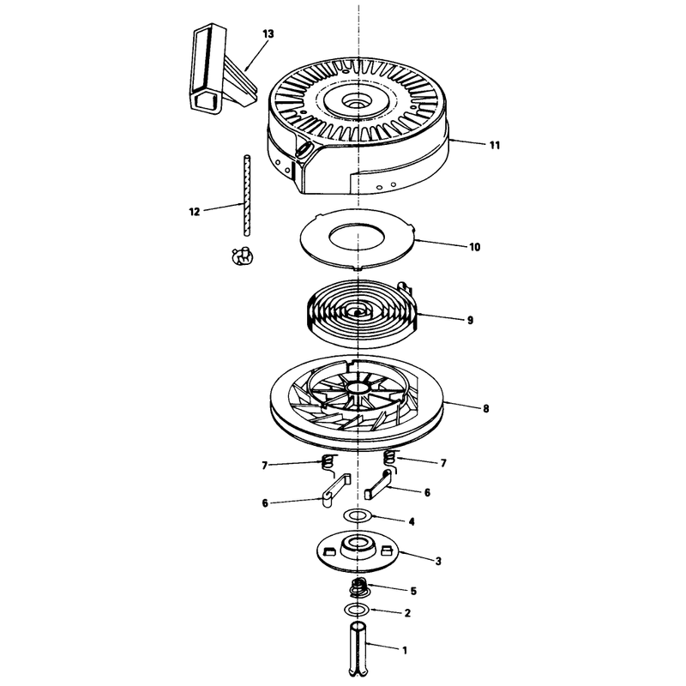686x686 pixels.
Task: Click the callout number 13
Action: [x=268, y=33]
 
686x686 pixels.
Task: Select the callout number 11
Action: [x=495, y=145]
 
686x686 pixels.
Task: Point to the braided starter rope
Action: [x=247, y=196]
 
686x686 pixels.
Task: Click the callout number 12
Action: [x=195, y=212]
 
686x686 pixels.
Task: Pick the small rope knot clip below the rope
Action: [x=242, y=256]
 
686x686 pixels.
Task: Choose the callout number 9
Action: [x=470, y=320]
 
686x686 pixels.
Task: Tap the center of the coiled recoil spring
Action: [x=358, y=313]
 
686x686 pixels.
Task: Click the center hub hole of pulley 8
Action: [x=358, y=388]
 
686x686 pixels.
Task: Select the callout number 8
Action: [x=485, y=409]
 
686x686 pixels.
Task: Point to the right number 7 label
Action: [x=443, y=463]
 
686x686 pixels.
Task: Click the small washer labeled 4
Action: [x=358, y=515]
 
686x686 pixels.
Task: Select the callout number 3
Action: [x=438, y=561]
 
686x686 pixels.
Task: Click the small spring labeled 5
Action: [x=360, y=587]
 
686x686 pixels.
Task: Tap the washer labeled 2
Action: [x=357, y=609]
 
